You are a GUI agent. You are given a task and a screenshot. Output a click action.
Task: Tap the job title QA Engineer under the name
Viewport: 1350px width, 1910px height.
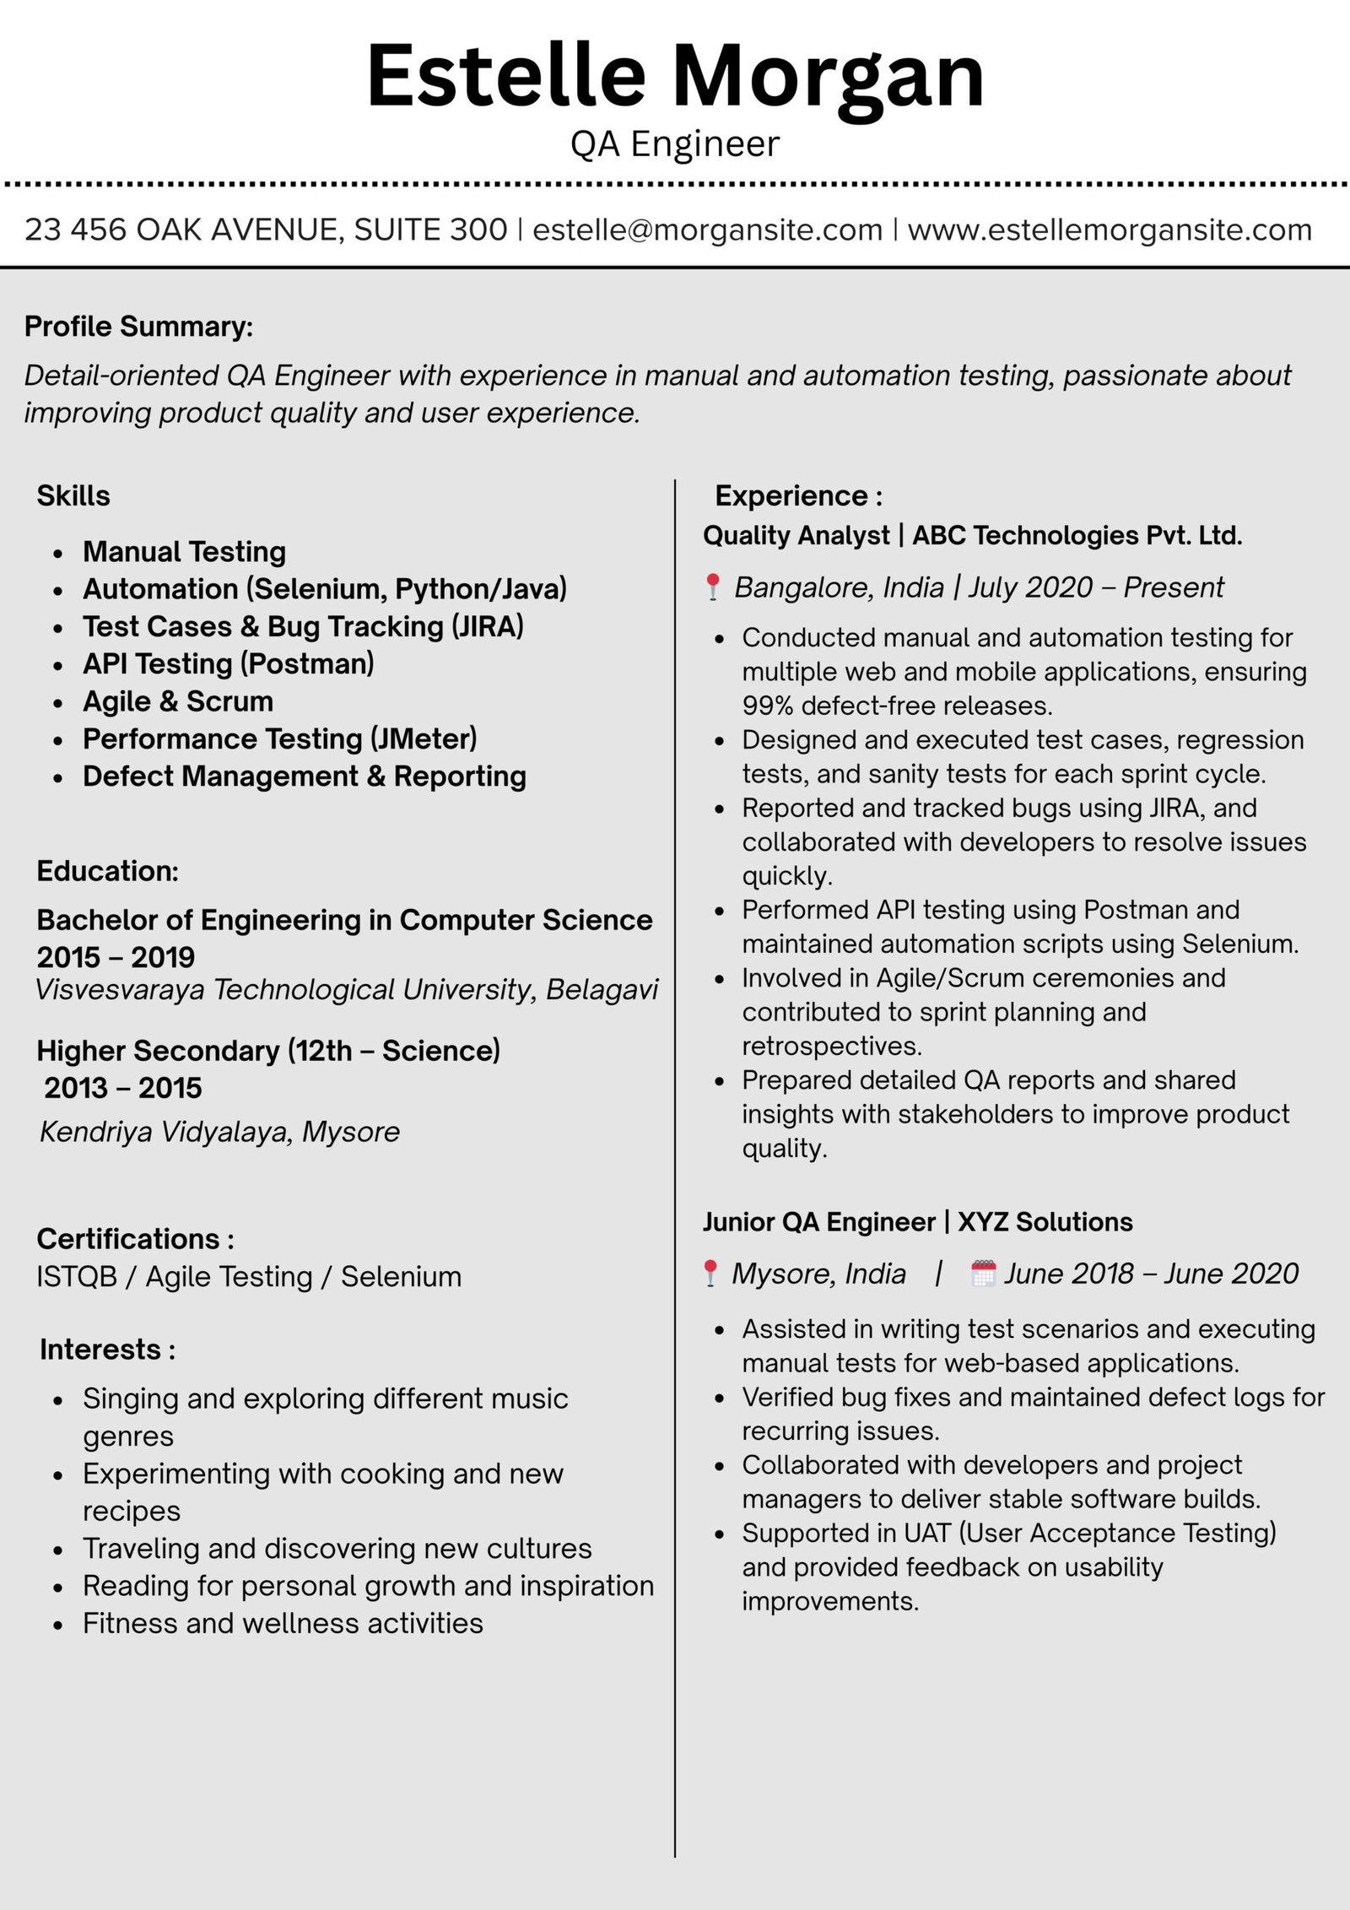(x=674, y=144)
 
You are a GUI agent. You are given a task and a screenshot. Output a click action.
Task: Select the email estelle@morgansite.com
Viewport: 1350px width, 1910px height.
(x=707, y=230)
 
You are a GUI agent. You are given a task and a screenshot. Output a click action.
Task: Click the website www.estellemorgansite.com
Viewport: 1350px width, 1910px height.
(x=1109, y=230)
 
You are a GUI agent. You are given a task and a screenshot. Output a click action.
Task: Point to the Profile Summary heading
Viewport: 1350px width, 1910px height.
(x=138, y=327)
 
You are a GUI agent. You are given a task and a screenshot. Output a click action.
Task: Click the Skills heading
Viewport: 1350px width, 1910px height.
(x=73, y=495)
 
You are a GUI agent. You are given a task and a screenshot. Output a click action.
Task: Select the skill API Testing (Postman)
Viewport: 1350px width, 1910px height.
(x=228, y=664)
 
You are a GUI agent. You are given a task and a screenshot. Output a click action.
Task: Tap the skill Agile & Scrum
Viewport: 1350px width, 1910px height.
(x=177, y=701)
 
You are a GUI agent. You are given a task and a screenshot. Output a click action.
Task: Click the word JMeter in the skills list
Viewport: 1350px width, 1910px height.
(x=424, y=739)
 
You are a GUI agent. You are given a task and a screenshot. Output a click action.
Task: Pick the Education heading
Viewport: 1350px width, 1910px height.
(x=107, y=871)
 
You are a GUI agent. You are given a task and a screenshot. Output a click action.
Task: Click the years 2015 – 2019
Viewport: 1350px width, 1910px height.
(x=116, y=957)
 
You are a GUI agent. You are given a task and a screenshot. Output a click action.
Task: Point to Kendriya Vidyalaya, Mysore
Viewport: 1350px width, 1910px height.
(x=220, y=1132)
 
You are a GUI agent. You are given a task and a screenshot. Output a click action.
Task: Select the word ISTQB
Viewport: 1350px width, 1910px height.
(x=76, y=1277)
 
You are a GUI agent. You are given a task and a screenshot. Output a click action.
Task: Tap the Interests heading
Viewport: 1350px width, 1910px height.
(x=107, y=1350)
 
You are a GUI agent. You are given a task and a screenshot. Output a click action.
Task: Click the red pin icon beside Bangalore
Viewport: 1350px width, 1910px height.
(x=713, y=587)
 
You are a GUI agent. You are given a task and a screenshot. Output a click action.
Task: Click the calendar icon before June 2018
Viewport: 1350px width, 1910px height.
(x=983, y=1274)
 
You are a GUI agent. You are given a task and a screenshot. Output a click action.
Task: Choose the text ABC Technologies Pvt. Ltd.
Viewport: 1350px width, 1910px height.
(x=1077, y=535)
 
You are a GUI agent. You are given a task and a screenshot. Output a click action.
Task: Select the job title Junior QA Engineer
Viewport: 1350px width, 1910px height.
(x=818, y=1222)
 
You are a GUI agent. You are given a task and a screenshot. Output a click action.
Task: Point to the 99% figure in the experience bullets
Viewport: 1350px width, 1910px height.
(x=767, y=706)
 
